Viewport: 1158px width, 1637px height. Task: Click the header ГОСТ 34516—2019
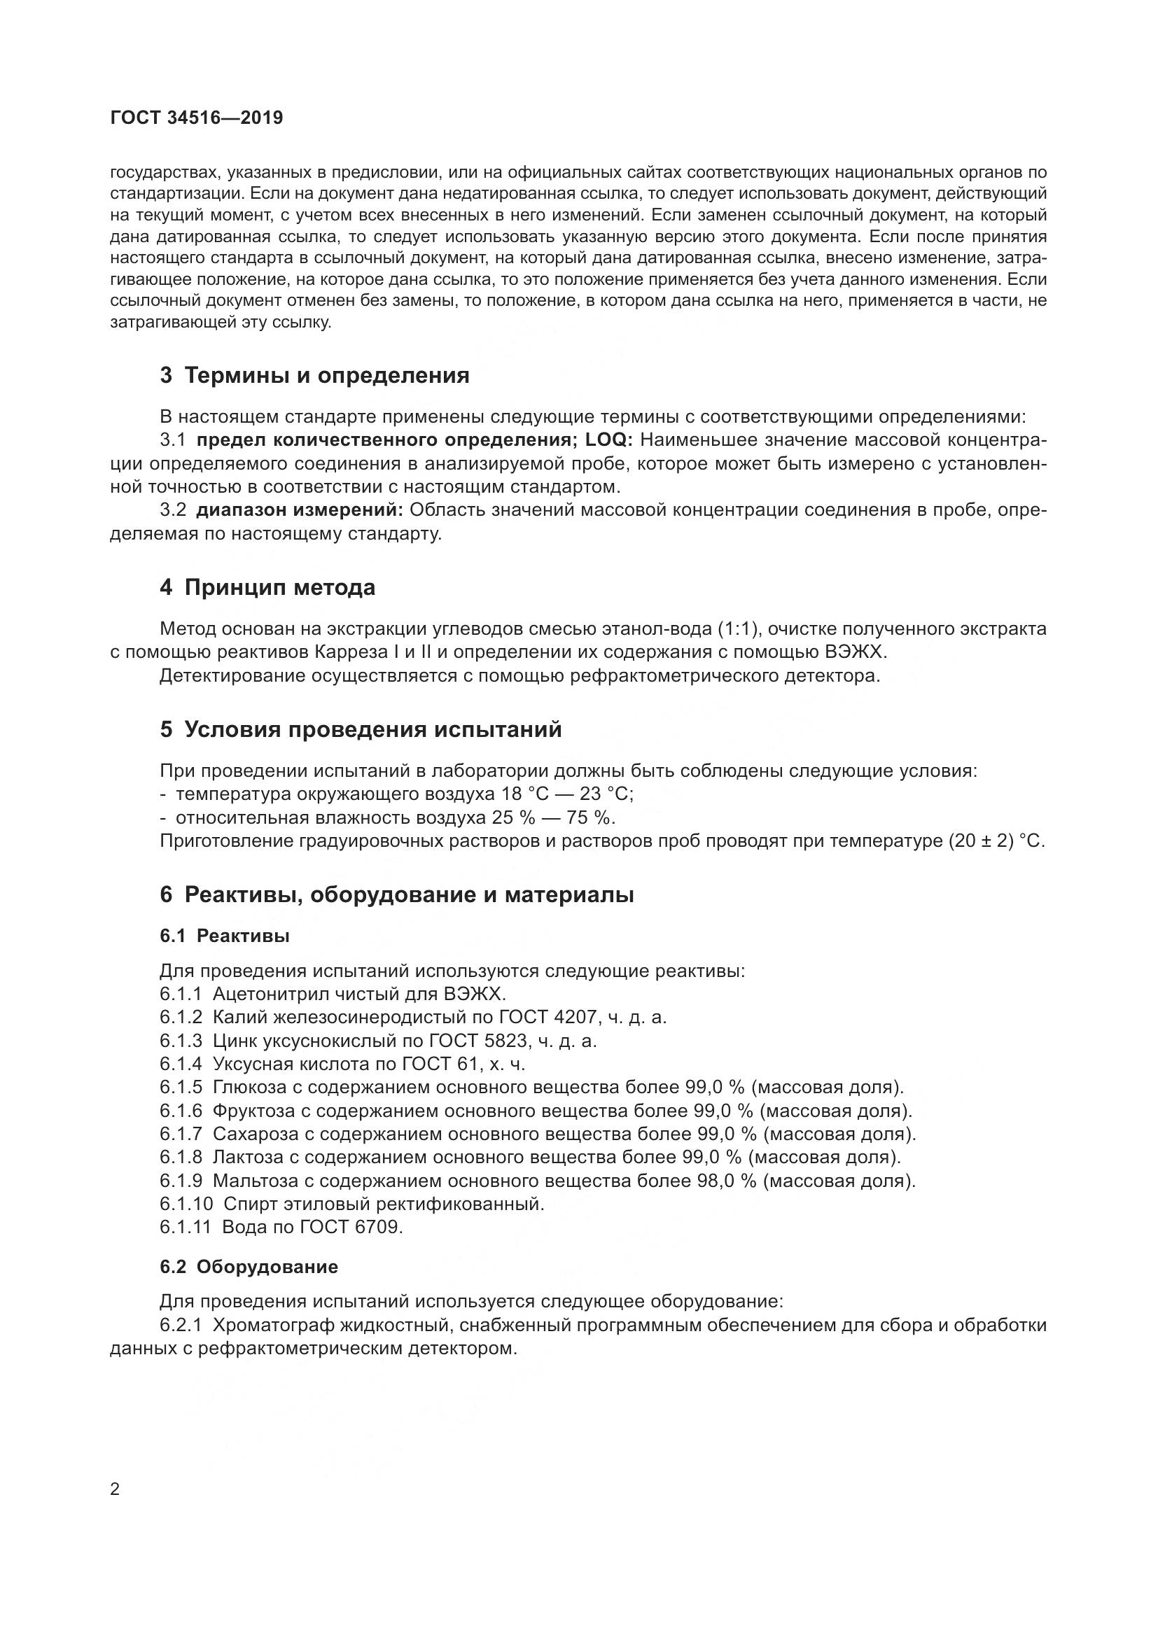pyautogui.click(x=197, y=118)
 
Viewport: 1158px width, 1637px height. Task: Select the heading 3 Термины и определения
pyautogui.click(x=314, y=376)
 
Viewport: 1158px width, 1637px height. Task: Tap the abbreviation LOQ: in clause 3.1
pyautogui.click(x=609, y=440)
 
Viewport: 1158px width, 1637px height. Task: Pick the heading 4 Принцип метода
pyautogui.click(x=267, y=587)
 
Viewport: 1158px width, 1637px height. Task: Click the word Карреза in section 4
pyautogui.click(x=395, y=652)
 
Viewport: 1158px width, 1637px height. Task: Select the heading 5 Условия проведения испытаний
pyautogui.click(x=361, y=729)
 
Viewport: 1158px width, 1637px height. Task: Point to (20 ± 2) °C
pyautogui.click(x=996, y=841)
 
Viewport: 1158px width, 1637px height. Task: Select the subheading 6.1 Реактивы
pyautogui.click(x=225, y=936)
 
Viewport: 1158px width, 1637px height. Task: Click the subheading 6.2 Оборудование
pyautogui.click(x=249, y=1267)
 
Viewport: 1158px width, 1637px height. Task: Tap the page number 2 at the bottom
pyautogui.click(x=116, y=1490)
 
